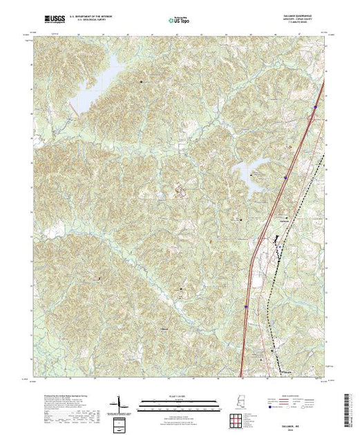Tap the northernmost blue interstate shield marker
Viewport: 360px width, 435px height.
pos(315,107)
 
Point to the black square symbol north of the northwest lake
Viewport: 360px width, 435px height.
pos(142,81)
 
